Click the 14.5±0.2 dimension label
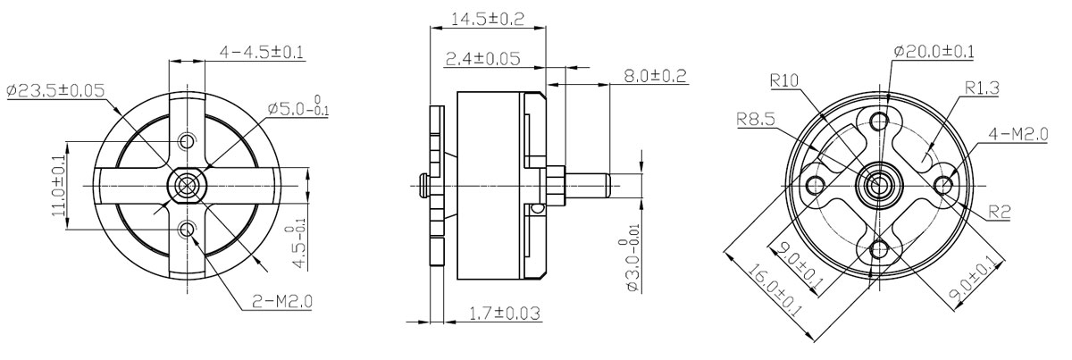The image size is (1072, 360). (488, 19)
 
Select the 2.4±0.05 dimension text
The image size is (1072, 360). (483, 58)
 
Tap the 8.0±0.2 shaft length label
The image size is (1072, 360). (655, 76)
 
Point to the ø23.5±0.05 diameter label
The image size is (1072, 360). (56, 90)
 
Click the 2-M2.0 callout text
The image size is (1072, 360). (282, 301)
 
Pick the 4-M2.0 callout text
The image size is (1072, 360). (1018, 134)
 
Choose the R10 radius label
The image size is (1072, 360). (784, 80)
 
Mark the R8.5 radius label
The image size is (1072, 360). (755, 119)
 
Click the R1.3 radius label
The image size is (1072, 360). (982, 88)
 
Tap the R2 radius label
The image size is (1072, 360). (999, 212)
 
